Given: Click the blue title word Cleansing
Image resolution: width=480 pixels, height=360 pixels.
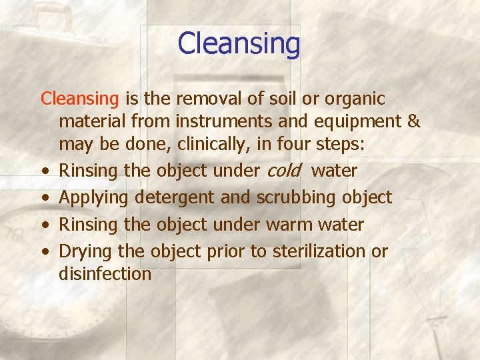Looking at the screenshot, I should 239,44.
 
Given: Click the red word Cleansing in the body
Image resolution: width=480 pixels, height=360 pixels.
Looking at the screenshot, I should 79,99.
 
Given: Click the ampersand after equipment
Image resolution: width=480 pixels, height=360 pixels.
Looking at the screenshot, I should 413,122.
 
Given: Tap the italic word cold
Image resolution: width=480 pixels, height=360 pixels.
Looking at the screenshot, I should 283,171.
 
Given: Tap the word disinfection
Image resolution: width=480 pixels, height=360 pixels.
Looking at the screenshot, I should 105,273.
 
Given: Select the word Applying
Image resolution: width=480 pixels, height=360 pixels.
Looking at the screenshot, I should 94,198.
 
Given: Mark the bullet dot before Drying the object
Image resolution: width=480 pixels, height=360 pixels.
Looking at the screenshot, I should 44,253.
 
